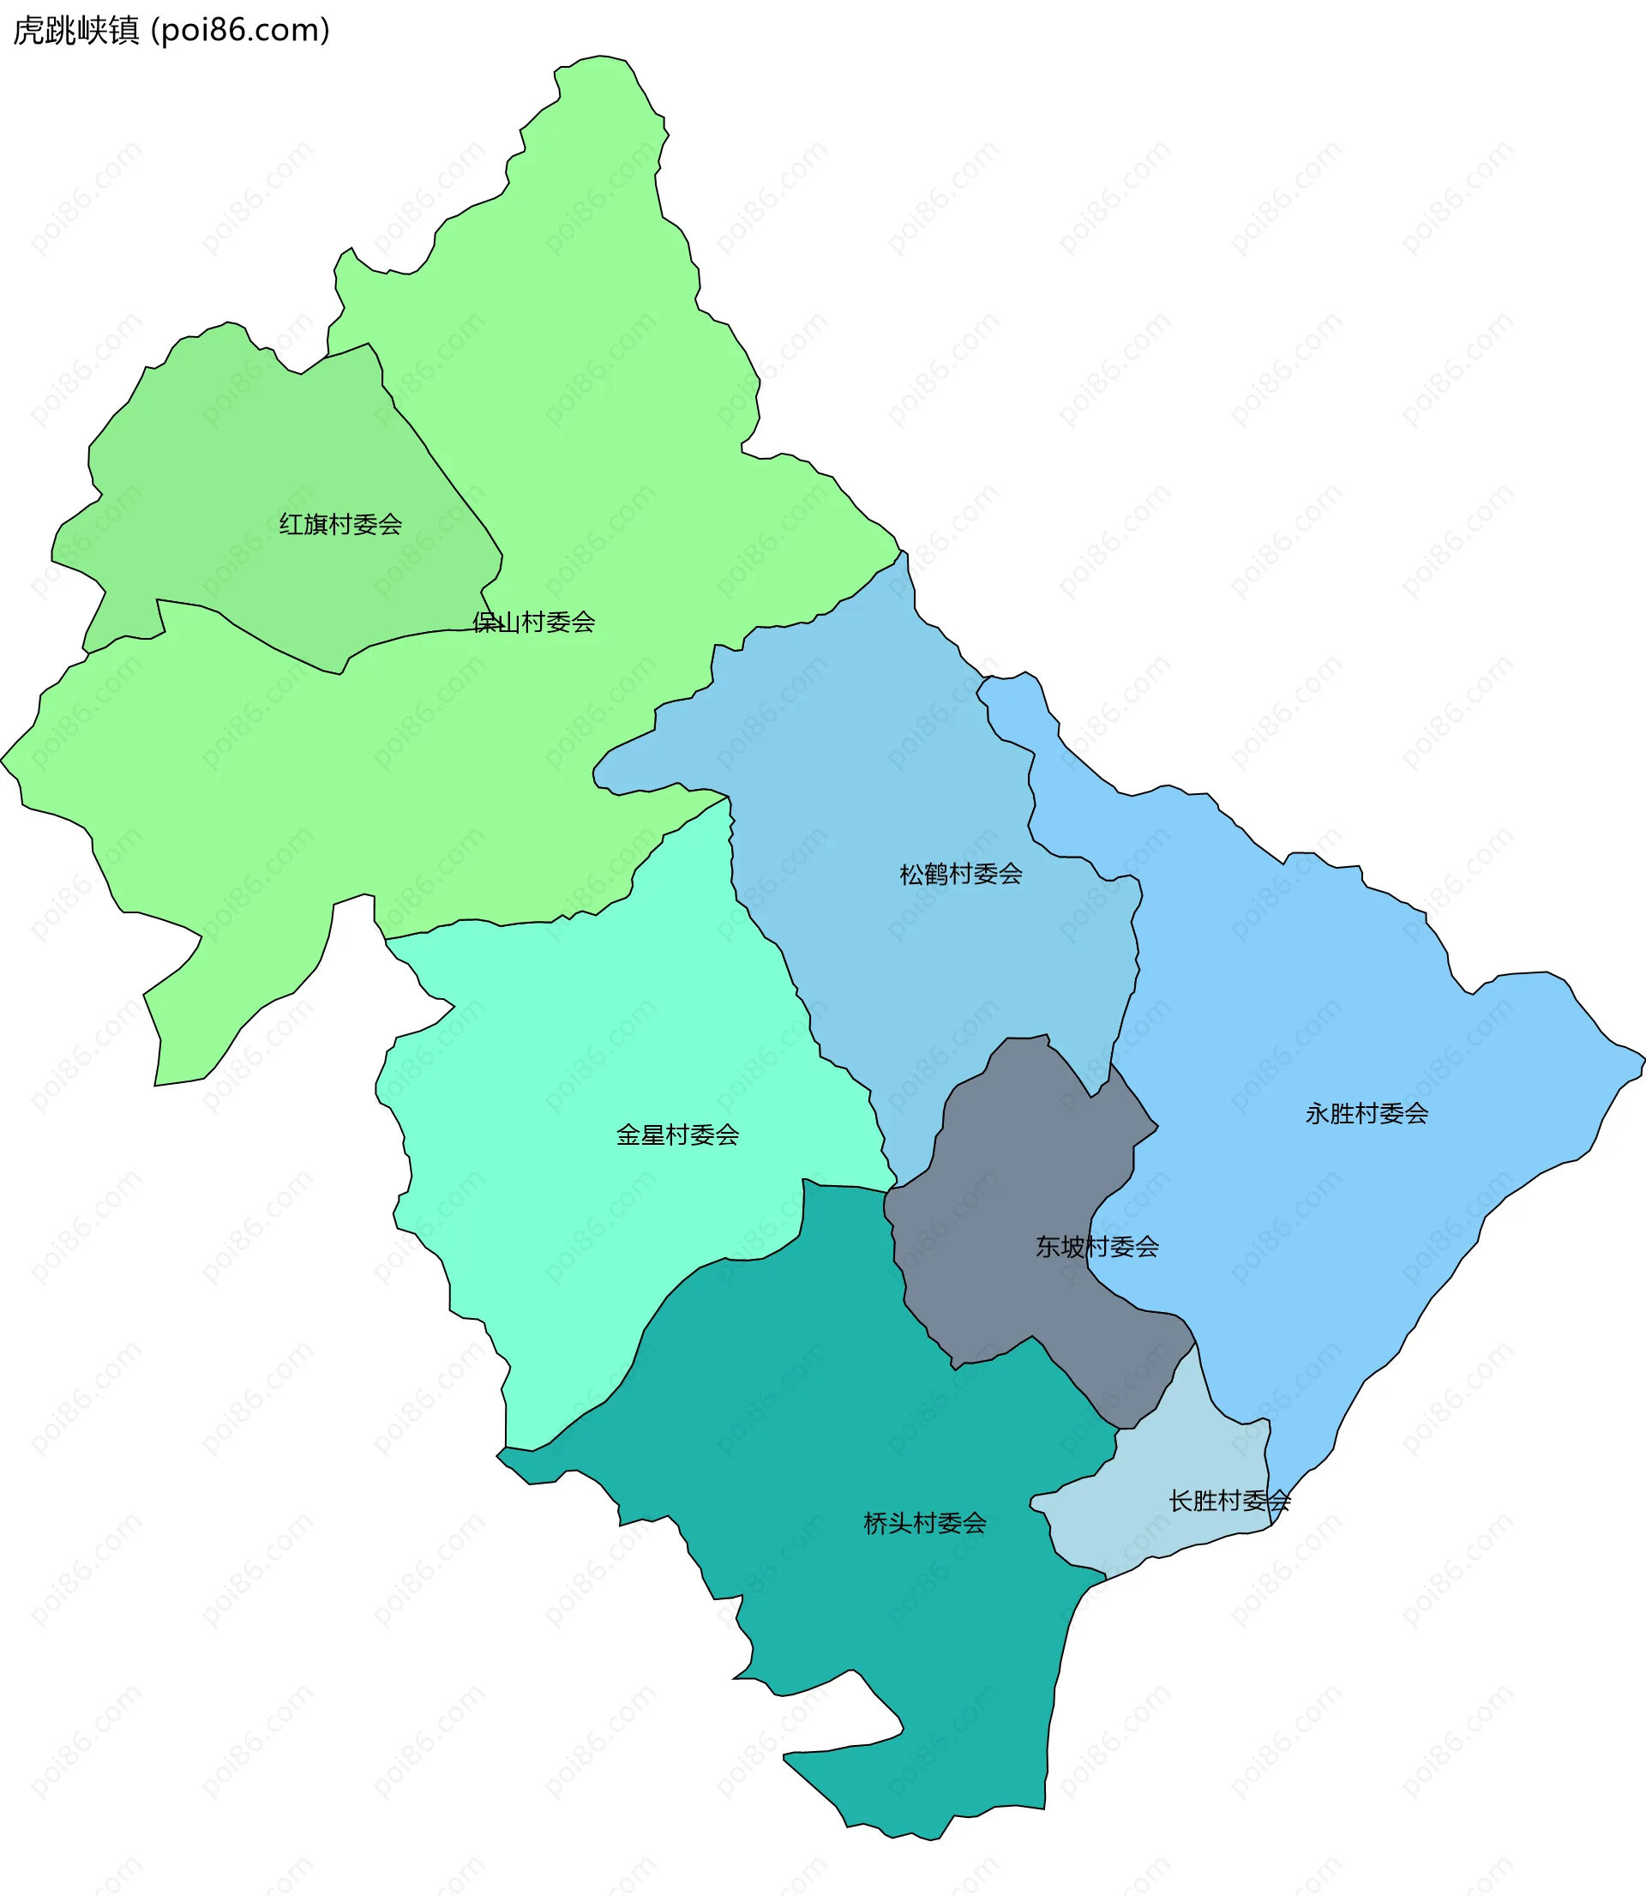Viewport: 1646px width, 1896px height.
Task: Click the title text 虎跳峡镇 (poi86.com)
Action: click(171, 30)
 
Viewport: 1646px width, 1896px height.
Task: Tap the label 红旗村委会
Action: click(341, 525)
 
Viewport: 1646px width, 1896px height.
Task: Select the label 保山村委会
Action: click(533, 623)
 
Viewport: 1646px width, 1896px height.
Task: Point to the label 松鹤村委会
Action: click(961, 874)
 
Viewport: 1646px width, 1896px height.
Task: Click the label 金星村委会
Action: click(678, 1135)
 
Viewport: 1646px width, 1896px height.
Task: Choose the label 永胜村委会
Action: click(1367, 1114)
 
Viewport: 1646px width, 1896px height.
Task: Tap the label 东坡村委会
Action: click(1097, 1247)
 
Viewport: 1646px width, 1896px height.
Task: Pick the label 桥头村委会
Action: click(925, 1524)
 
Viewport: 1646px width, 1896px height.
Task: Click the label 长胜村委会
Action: click(1230, 1501)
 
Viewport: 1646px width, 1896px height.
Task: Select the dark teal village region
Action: click(873, 1378)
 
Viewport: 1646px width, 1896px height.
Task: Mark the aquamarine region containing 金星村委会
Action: click(597, 1056)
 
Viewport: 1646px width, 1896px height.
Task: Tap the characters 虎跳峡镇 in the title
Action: click(75, 30)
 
